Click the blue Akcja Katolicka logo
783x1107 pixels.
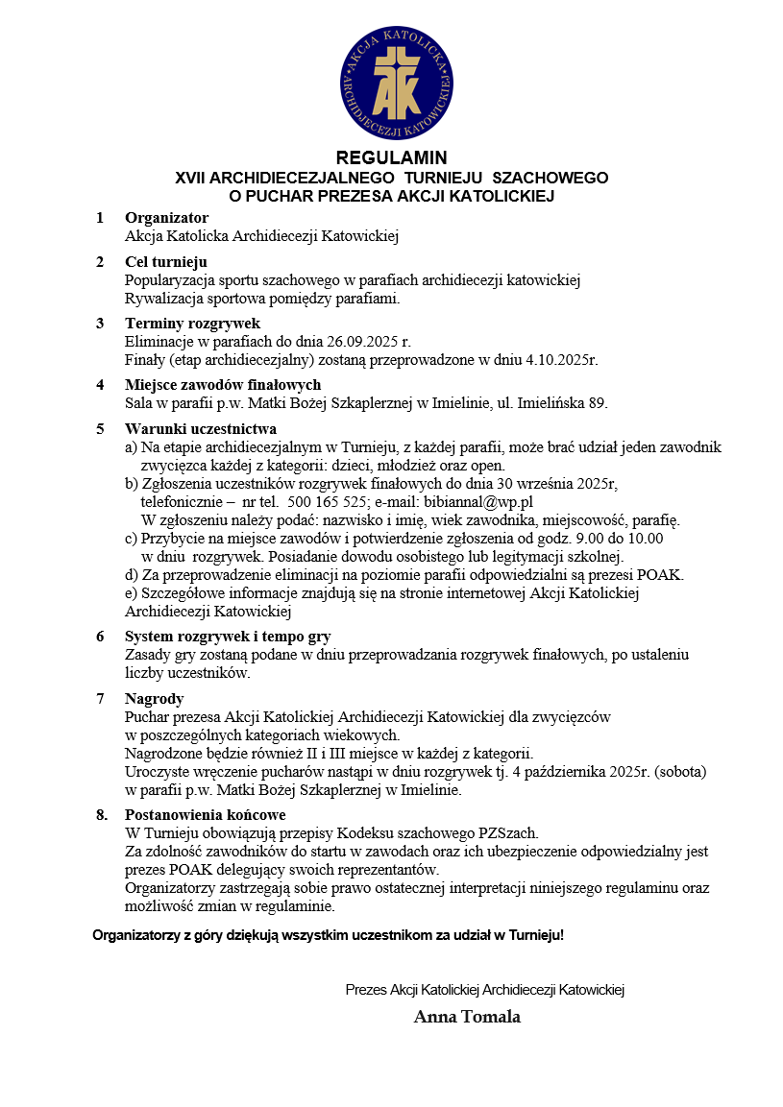tap(391, 84)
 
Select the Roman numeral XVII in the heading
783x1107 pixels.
tap(189, 178)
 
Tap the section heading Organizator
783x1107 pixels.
tap(166, 218)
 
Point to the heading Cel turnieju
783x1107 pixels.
tap(165, 262)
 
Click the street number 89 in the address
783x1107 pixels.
tap(598, 403)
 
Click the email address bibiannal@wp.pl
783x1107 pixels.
tap(482, 501)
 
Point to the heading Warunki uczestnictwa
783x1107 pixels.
tap(201, 428)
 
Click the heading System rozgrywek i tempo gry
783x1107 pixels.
tap(228, 637)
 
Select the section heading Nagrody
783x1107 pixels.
tap(154, 699)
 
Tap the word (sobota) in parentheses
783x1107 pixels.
tap(675, 772)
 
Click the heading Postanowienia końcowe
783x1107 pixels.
tap(205, 815)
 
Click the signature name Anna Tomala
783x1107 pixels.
tap(467, 1017)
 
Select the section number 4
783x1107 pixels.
tap(100, 385)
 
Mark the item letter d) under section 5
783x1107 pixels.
tap(132, 575)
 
